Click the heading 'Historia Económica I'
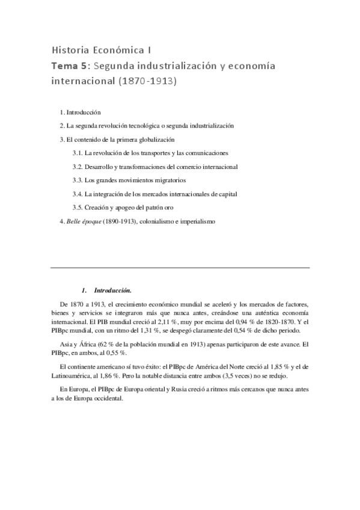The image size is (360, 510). pos(100,49)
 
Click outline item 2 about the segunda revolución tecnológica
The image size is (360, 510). pos(147,126)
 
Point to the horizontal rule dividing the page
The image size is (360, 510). pos(180,267)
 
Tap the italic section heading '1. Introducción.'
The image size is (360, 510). pos(106,290)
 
